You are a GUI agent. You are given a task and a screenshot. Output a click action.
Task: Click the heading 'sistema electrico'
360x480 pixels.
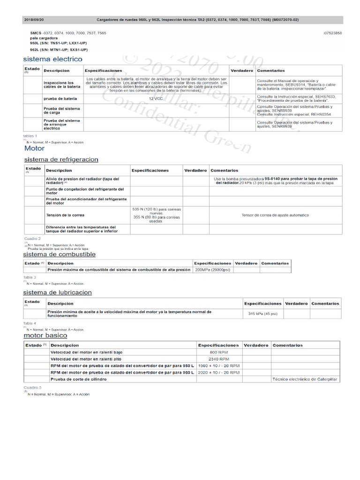(52, 59)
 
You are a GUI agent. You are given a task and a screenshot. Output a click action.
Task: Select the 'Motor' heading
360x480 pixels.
(34, 148)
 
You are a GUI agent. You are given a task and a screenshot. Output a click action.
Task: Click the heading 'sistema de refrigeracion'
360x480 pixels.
(61, 159)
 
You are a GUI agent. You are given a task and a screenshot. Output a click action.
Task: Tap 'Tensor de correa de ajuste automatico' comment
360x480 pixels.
(275, 215)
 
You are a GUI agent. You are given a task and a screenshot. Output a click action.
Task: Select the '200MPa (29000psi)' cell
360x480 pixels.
(212, 270)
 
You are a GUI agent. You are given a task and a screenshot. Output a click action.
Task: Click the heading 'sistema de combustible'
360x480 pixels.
(60, 254)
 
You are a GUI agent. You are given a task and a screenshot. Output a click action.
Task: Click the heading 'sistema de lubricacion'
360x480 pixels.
(58, 292)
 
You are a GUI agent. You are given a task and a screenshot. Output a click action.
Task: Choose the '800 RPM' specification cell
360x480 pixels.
(219, 352)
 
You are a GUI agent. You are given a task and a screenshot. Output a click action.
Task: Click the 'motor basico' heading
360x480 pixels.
(45, 336)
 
